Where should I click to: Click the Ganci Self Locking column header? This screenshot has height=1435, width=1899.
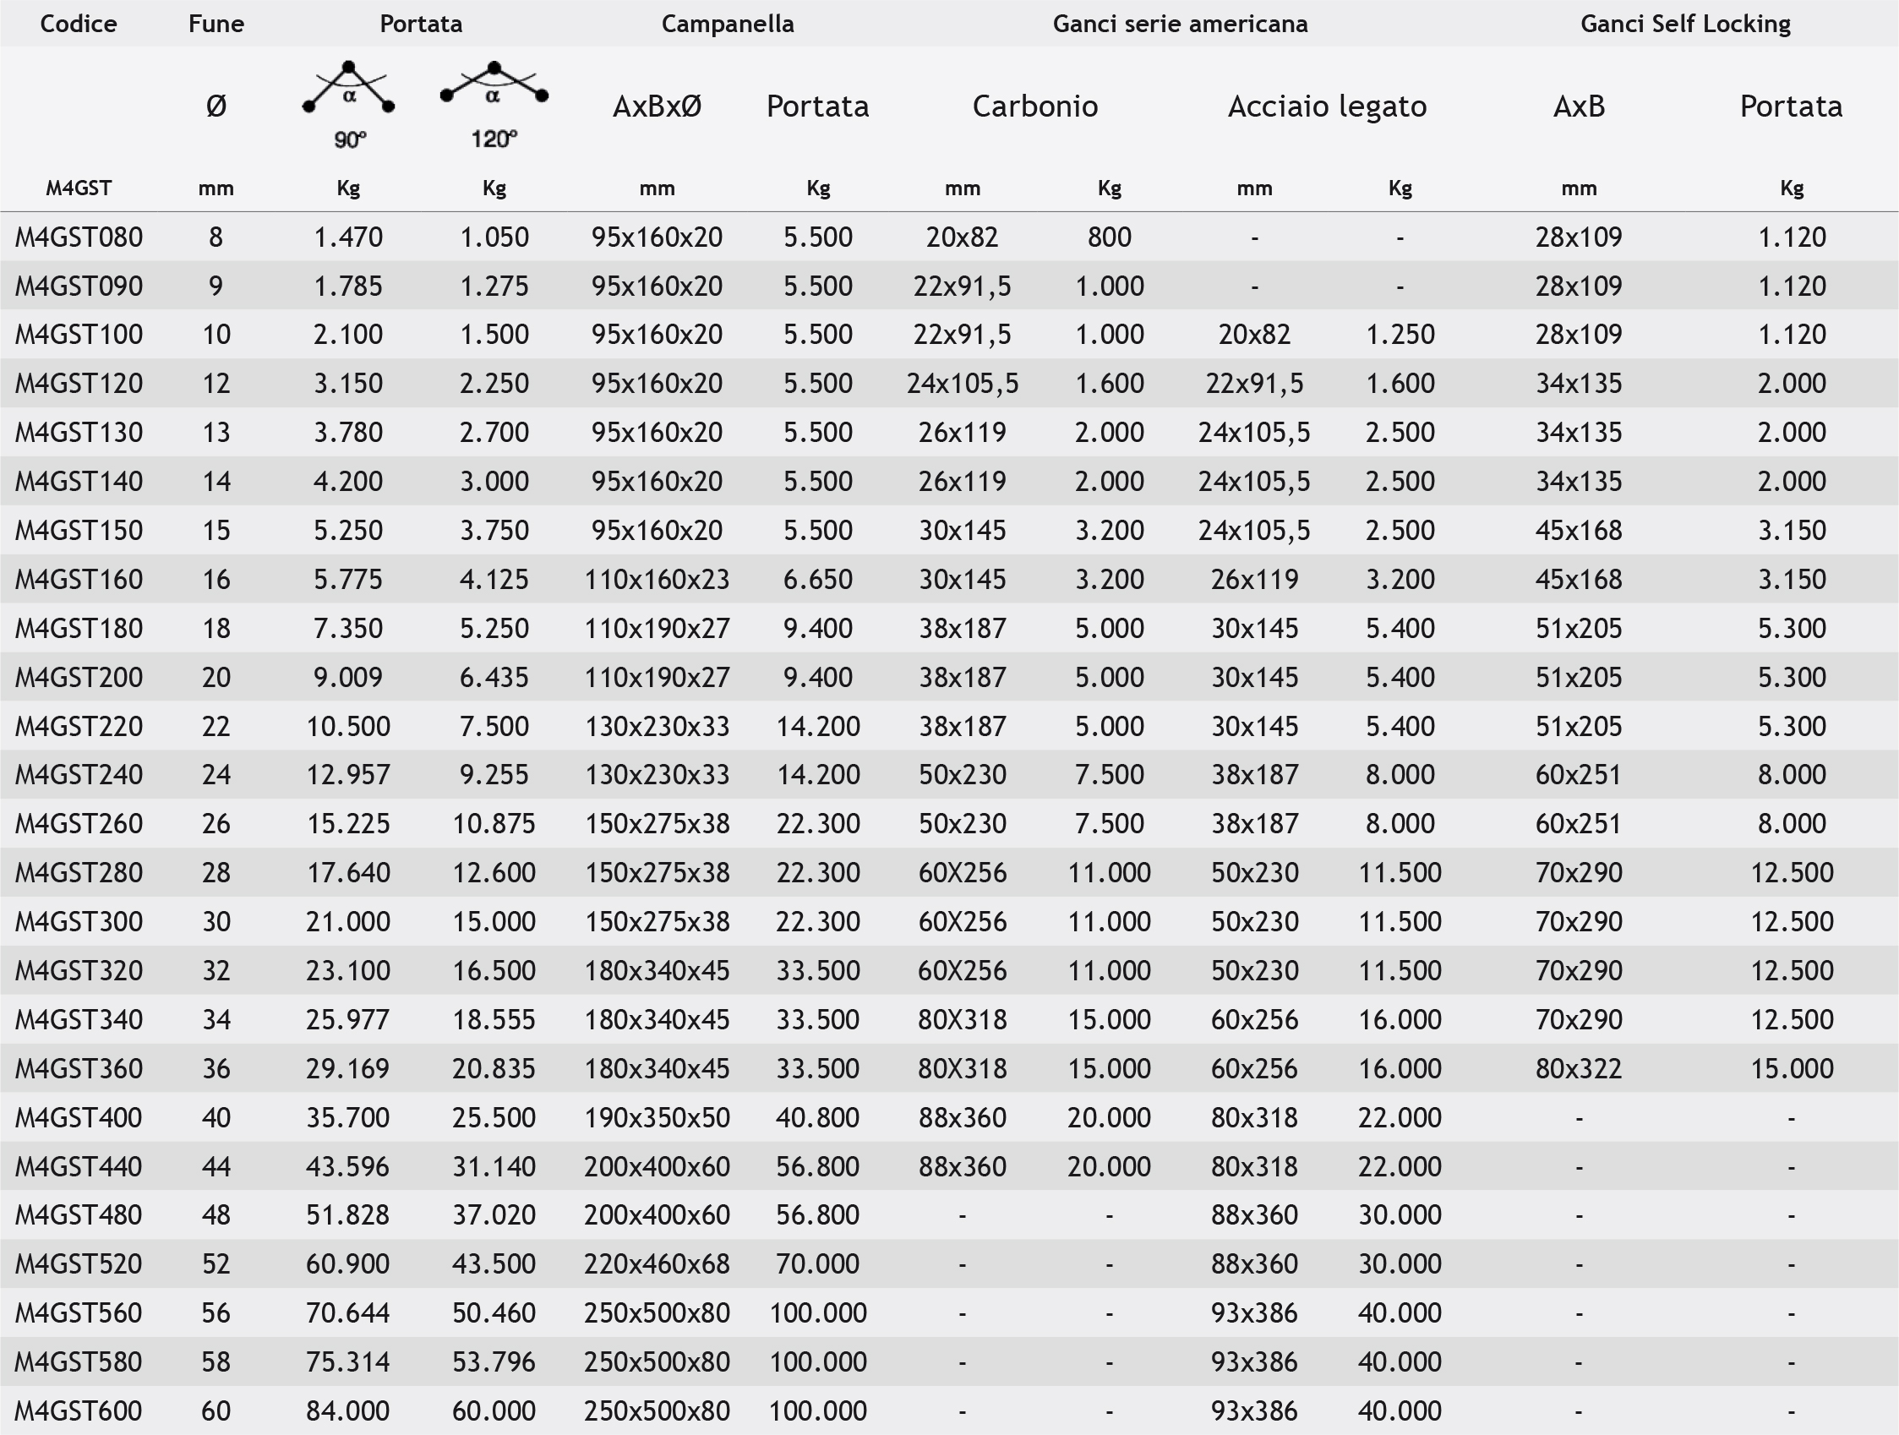1685,24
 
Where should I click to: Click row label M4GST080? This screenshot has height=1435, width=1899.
79,237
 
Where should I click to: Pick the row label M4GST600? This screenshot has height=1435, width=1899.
79,1410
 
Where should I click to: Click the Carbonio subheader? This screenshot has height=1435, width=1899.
1034,106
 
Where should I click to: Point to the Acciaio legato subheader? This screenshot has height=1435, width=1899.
1326,106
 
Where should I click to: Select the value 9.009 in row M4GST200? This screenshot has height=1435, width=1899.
347,677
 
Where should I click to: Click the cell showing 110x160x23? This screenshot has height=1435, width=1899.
657,579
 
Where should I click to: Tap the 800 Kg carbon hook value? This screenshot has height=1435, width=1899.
1109,237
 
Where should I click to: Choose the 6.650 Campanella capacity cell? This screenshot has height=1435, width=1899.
817,579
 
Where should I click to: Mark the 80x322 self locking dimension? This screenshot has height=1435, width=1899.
1579,1068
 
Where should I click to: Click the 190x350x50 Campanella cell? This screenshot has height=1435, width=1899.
657,1117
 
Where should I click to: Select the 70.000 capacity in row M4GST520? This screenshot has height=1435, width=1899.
817,1263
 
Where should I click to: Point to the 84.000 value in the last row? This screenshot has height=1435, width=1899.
347,1410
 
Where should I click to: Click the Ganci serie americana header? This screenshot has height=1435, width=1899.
1181,24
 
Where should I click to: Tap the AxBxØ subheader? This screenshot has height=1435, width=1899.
657,106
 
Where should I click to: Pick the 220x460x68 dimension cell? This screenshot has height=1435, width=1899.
657,1263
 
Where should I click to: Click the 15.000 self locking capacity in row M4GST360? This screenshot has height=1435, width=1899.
1792,1068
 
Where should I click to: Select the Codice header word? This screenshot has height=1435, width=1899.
78,24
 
